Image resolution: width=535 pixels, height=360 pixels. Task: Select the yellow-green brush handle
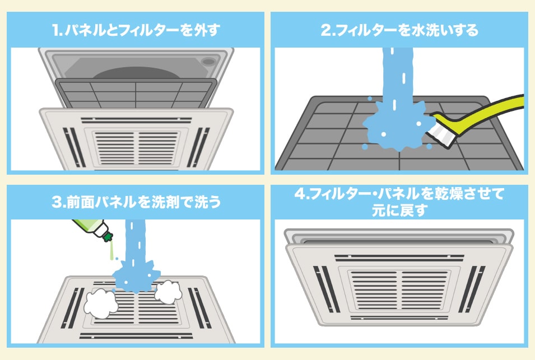[487, 110]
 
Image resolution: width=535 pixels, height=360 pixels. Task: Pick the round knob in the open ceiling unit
[208, 60]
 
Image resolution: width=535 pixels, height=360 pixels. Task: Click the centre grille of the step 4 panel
[400, 286]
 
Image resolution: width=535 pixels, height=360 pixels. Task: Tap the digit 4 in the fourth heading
[301, 194]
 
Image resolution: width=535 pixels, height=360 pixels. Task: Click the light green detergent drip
[112, 251]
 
